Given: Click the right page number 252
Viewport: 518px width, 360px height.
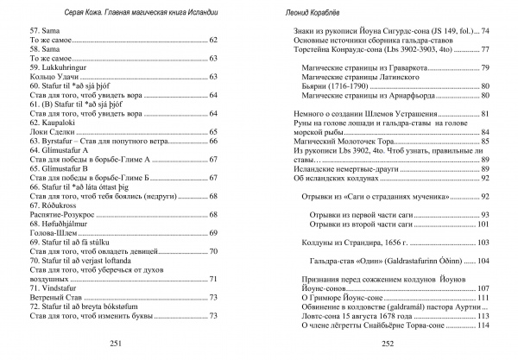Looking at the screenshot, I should (388, 343).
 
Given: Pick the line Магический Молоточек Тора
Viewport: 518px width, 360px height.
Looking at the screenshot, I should (340, 142).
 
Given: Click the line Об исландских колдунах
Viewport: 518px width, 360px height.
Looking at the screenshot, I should (332, 179).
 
